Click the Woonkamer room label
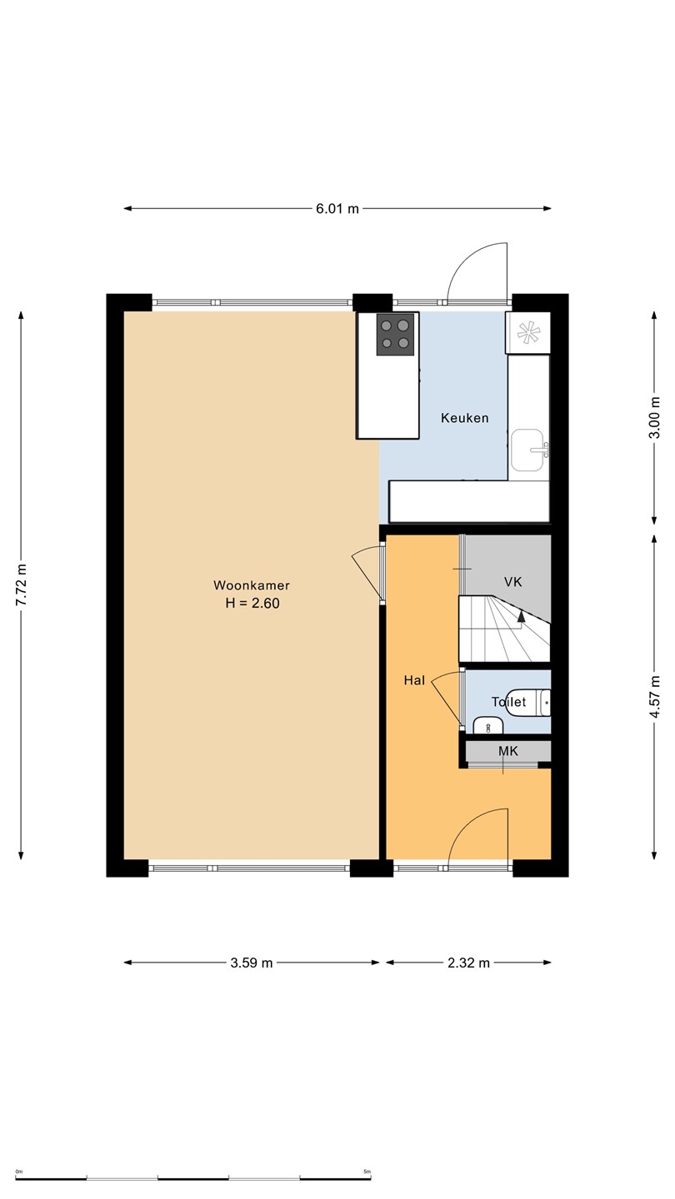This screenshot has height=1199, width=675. point(252,585)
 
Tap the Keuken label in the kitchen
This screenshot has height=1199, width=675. point(464,418)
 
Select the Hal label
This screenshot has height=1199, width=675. point(414,680)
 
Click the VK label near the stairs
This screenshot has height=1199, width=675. point(512,582)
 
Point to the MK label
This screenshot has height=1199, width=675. point(507,751)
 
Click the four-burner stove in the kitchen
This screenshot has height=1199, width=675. point(395,334)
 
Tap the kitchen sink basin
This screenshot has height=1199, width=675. point(527,450)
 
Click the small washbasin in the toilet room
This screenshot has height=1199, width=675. point(488,724)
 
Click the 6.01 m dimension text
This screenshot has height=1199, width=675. point(337,209)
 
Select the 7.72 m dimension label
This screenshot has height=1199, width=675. point(21,585)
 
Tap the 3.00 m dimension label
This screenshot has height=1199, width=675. point(654,417)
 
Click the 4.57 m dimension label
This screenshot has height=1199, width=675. point(654,698)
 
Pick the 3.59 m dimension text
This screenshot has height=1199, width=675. point(252,963)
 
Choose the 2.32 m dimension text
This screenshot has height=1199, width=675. point(468,963)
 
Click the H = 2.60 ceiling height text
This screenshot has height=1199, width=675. point(252,603)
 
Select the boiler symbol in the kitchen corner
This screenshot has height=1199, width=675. point(527,333)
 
